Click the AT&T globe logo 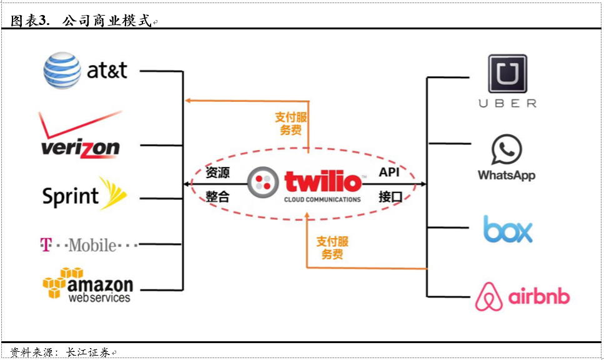(x=62, y=70)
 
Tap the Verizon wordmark (x=80, y=147)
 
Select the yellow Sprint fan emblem (x=112, y=193)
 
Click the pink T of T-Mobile (x=45, y=244)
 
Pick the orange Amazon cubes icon (x=62, y=282)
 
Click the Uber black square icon (x=507, y=74)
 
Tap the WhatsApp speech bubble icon (x=507, y=150)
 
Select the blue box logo (x=508, y=229)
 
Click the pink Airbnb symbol (x=489, y=296)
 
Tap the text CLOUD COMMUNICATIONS (x=322, y=200)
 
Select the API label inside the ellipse (x=389, y=172)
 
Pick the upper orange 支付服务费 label (x=291, y=124)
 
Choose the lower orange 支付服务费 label (x=332, y=248)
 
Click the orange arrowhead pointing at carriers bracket (x=187, y=100)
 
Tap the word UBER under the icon (x=507, y=104)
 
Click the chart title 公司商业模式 (x=107, y=21)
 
